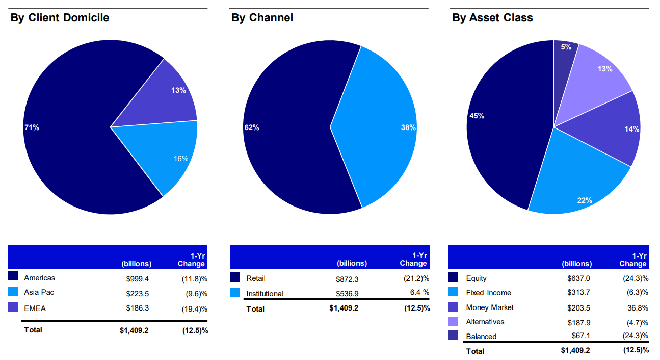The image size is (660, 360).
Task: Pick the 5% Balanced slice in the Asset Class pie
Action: click(x=564, y=56)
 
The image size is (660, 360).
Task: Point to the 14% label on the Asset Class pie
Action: click(x=631, y=129)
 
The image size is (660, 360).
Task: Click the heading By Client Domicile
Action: click(x=60, y=18)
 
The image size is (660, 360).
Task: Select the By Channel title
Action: click(x=262, y=18)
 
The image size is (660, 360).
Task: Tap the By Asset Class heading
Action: click(x=492, y=18)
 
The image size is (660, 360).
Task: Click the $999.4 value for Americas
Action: click(x=138, y=278)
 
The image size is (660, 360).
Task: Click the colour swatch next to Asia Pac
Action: click(x=14, y=292)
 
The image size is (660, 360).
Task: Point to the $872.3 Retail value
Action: click(x=348, y=279)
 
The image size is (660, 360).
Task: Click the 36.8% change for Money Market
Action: click(x=638, y=307)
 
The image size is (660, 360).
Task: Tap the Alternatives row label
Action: click(x=485, y=322)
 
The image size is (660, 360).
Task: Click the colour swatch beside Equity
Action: click(x=453, y=278)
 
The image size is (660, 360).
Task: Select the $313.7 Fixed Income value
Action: click(x=578, y=293)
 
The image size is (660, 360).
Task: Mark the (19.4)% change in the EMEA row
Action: click(x=195, y=308)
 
